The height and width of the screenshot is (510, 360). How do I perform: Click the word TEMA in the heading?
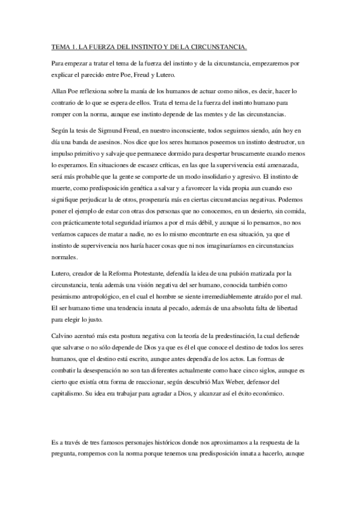(59, 46)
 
